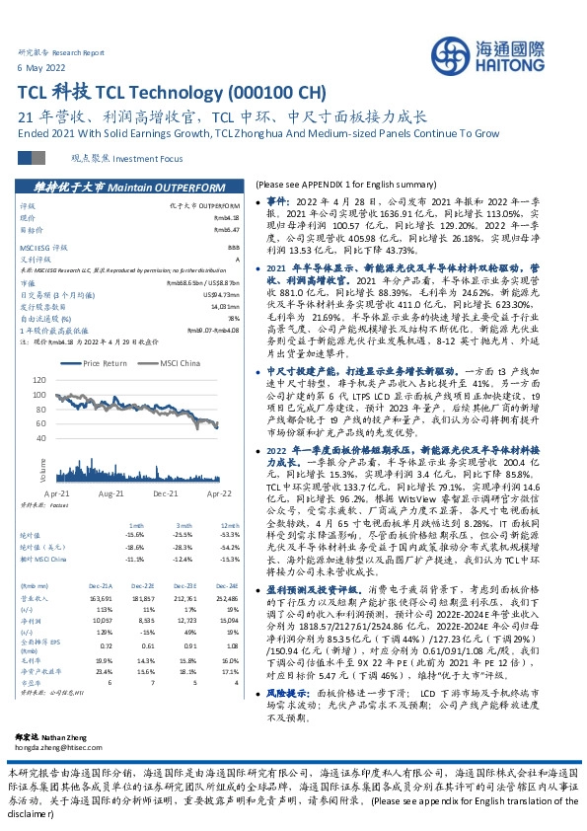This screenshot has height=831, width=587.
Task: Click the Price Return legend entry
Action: tap(106, 363)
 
